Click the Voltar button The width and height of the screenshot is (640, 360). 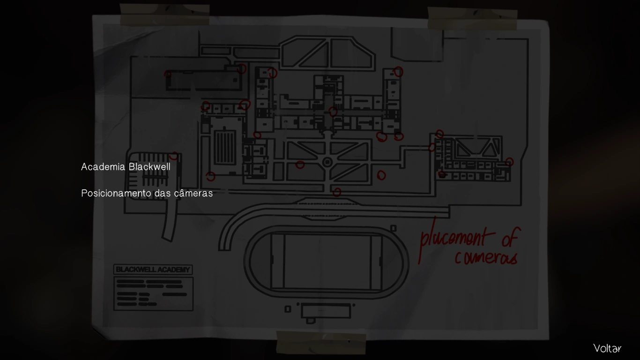(x=607, y=348)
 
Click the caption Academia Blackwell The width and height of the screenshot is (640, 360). (x=126, y=167)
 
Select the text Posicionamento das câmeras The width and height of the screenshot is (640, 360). (x=147, y=193)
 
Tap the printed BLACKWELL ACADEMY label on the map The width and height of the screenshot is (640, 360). (x=153, y=270)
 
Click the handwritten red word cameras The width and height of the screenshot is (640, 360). (x=486, y=257)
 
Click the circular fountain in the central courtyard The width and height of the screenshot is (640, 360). (x=327, y=162)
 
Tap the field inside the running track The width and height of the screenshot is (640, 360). (x=327, y=262)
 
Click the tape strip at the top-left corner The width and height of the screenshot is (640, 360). (x=164, y=15)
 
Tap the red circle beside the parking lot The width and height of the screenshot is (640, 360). (x=174, y=156)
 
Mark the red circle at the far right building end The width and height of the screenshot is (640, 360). (x=509, y=162)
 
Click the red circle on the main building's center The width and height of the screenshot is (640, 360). (x=333, y=112)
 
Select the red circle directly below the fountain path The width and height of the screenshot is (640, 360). (x=337, y=192)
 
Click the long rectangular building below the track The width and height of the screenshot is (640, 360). (x=326, y=311)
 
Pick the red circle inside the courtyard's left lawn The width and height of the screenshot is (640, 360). (x=300, y=165)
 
